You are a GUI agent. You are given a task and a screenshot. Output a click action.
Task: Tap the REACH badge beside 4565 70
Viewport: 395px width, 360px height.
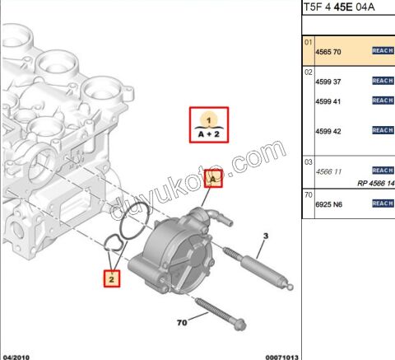(383, 51)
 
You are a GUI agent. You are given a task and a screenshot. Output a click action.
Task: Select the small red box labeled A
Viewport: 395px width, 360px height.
(213, 178)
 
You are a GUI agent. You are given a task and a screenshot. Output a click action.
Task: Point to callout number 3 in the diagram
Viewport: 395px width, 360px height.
(266, 236)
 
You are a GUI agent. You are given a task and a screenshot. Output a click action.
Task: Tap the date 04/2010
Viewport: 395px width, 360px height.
(17, 355)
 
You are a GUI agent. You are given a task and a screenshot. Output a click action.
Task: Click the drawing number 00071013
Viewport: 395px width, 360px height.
(281, 355)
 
